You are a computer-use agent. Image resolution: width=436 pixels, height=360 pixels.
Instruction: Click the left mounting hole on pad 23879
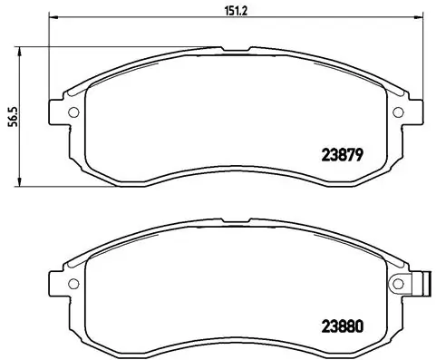point(73,112)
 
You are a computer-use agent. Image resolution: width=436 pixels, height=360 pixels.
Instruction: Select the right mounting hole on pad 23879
point(398,112)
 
